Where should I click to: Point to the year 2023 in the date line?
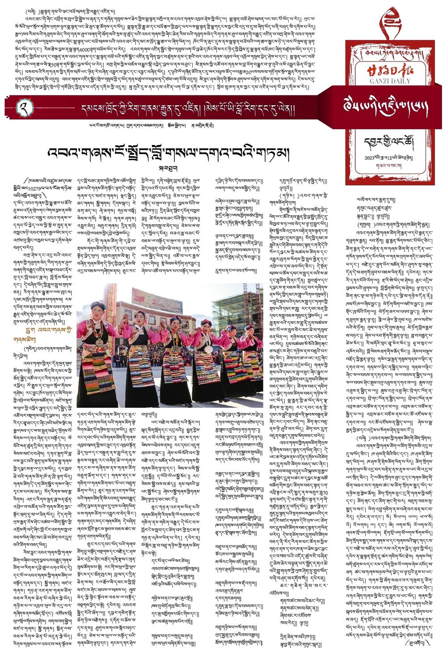(x=371, y=158)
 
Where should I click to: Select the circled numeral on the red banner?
(x=21, y=107)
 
